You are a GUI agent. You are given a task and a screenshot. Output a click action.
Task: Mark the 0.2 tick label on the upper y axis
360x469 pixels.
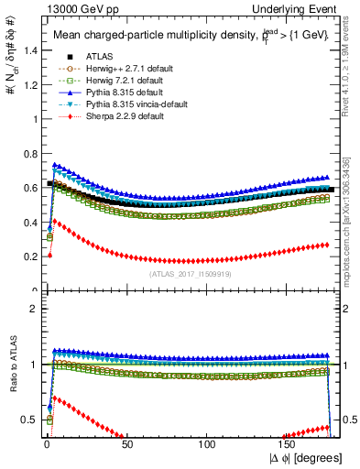click(x=29, y=256)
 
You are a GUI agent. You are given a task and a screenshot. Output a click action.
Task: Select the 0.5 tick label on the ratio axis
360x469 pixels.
click(x=29, y=420)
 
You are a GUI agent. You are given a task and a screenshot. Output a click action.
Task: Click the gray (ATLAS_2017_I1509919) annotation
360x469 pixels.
click(x=190, y=273)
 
